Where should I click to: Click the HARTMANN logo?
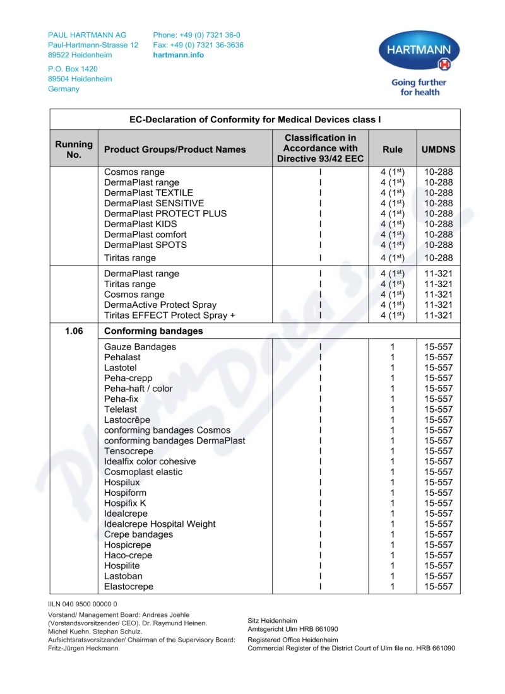pos(419,52)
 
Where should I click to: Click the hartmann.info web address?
pos(179,55)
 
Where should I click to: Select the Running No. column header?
pos(74,149)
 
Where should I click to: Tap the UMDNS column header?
pos(438,150)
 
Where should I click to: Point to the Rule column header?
pos(392,150)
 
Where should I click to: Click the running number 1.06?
pos(74,331)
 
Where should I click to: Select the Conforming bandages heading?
pos(153,331)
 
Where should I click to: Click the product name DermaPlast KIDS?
pos(140,224)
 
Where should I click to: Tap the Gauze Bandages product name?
pos(140,347)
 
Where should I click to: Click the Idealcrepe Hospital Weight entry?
pos(160,524)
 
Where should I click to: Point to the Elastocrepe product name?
pos(129,586)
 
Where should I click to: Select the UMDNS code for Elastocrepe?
pos(438,586)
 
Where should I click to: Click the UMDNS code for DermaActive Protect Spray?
pos(438,305)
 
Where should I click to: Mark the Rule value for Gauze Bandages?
pos(392,347)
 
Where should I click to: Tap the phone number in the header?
pos(196,35)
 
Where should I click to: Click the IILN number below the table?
pos(83,604)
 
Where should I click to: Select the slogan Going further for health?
pos(419,87)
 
